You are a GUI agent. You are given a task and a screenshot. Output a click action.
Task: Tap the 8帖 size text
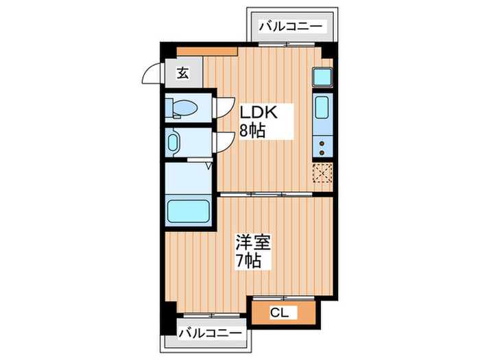pos(252,130)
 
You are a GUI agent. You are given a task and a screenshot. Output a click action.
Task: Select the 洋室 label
pos(254,243)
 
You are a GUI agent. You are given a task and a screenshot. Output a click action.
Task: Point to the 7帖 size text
pos(249,261)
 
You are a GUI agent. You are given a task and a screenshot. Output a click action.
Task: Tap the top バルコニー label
pos(291,26)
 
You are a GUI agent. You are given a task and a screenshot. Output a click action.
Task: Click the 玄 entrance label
pos(184,72)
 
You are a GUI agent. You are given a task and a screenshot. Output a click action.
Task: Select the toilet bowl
pos(183,107)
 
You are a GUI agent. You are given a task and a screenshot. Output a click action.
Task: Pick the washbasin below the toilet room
pos(174,143)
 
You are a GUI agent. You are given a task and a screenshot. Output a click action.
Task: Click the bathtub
pos(189,211)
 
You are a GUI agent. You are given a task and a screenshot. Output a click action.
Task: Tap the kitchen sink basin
pos(322,109)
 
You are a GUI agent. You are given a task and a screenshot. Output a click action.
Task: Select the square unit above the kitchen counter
pos(322,77)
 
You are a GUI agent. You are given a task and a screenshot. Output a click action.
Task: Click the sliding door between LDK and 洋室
pos(274,195)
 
